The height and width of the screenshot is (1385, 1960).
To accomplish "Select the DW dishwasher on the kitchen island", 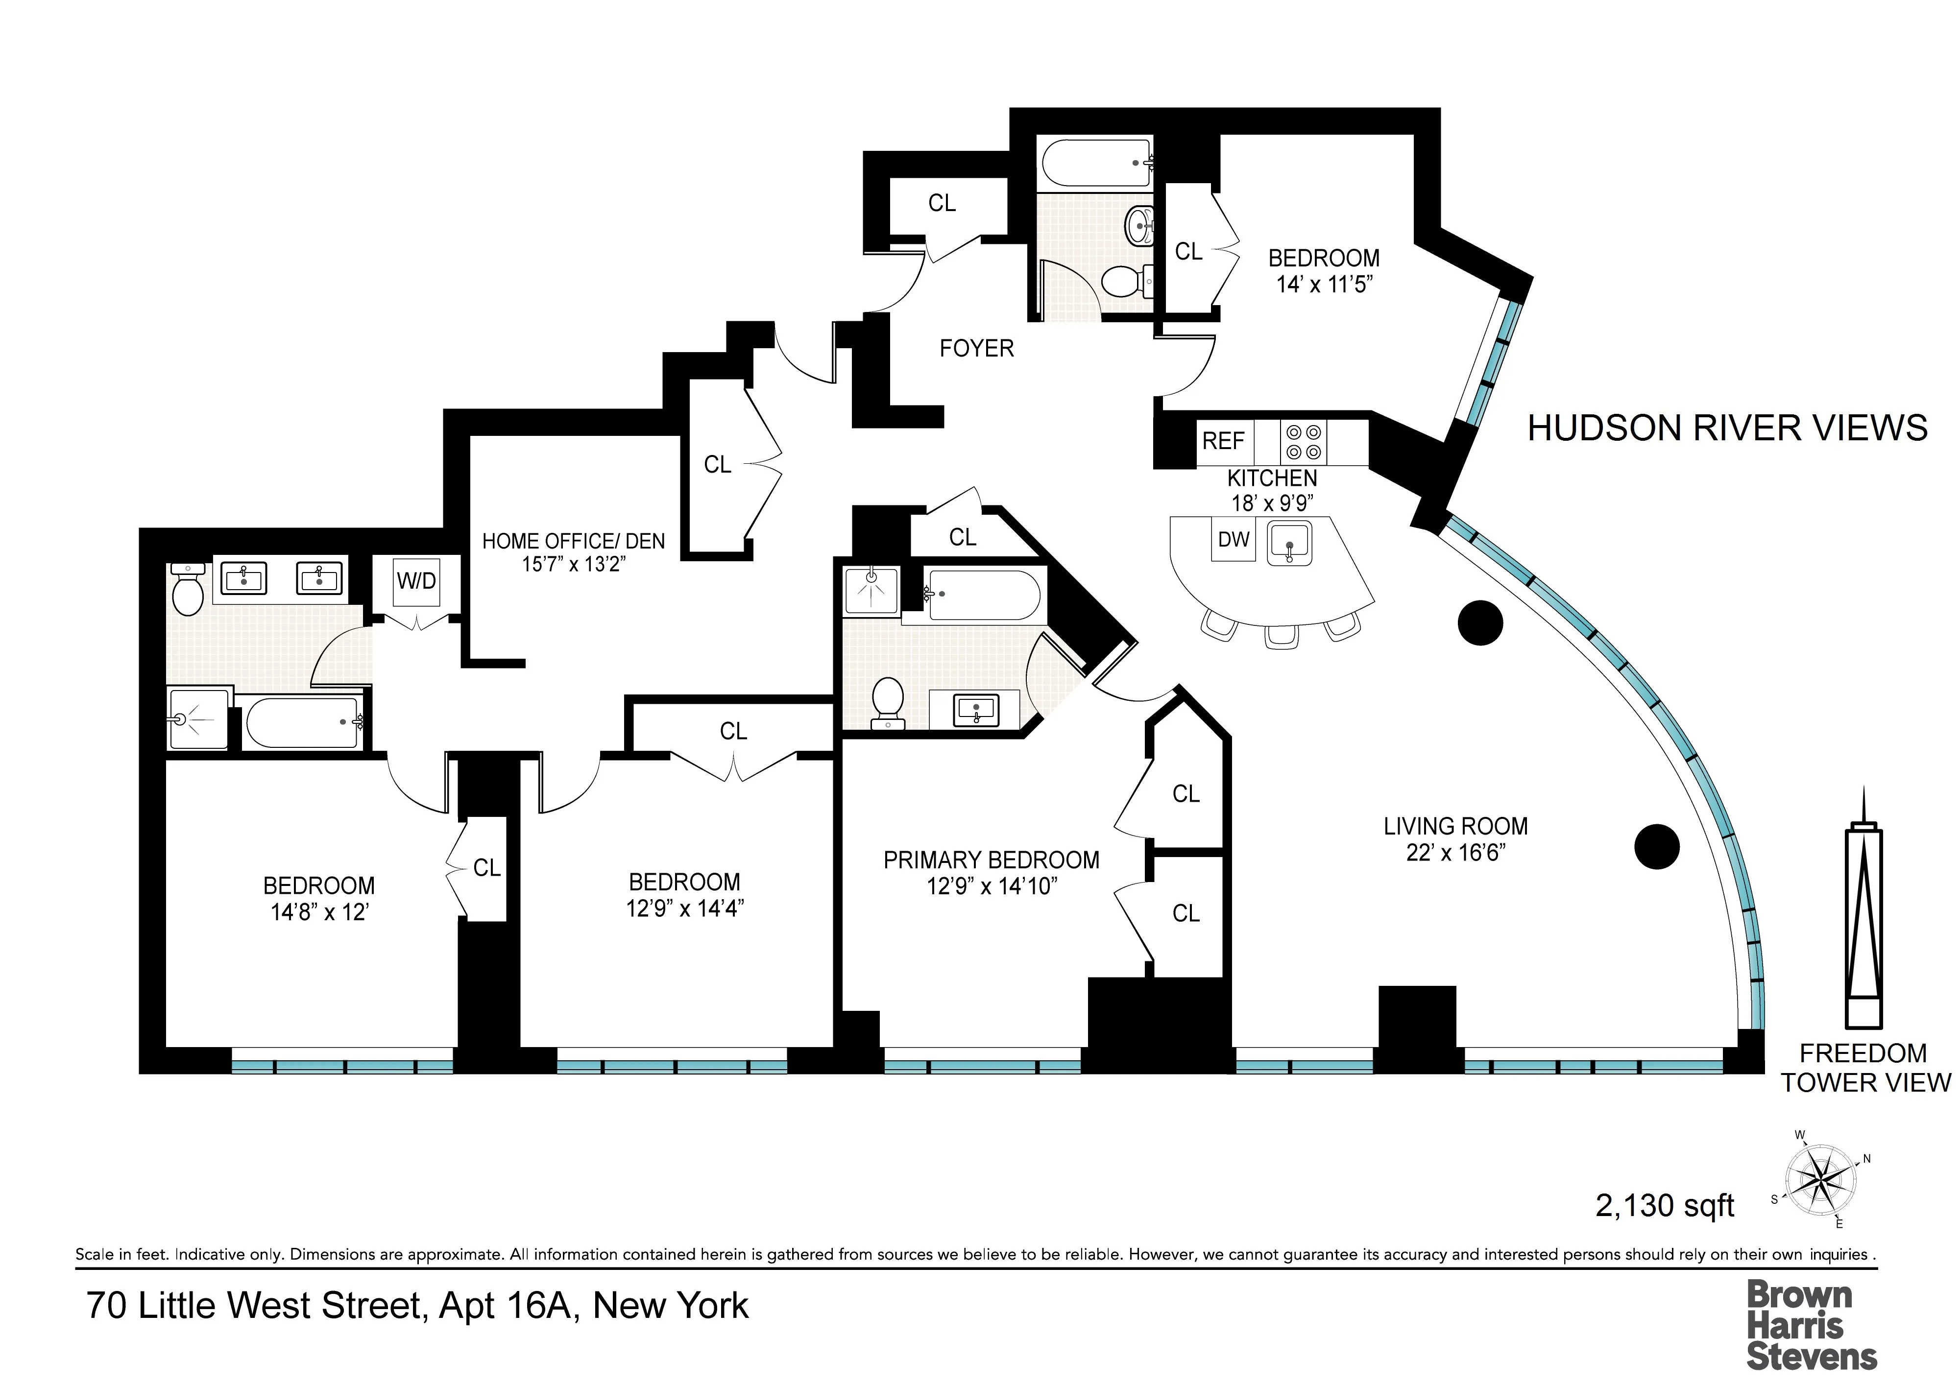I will (x=1234, y=539).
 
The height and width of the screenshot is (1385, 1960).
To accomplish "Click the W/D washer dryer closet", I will (x=416, y=581).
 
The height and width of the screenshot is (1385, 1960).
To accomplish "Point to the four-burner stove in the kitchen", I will (x=1304, y=442).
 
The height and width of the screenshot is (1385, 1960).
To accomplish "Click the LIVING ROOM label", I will (x=1455, y=826).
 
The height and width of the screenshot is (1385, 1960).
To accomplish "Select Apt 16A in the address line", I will (x=509, y=1306).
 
